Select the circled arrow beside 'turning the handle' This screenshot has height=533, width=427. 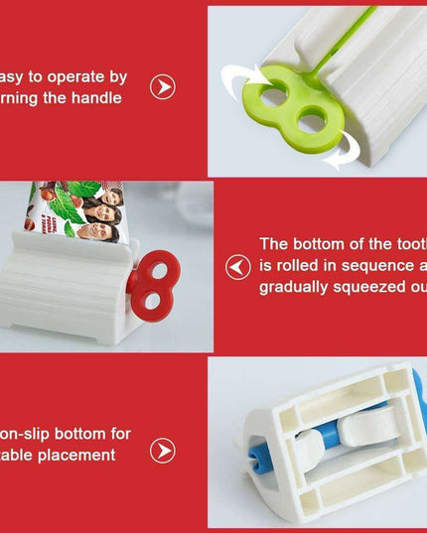[x=163, y=87]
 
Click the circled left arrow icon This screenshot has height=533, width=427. [x=238, y=267]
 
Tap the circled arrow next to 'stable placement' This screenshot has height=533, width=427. [x=163, y=451]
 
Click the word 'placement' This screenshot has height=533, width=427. [x=78, y=455]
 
